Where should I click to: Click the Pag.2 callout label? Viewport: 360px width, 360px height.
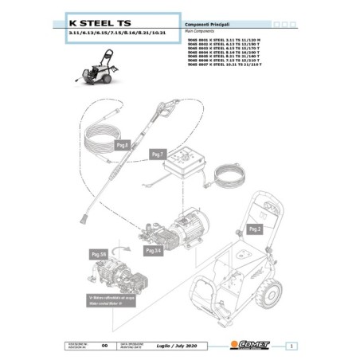tap(255, 229)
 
